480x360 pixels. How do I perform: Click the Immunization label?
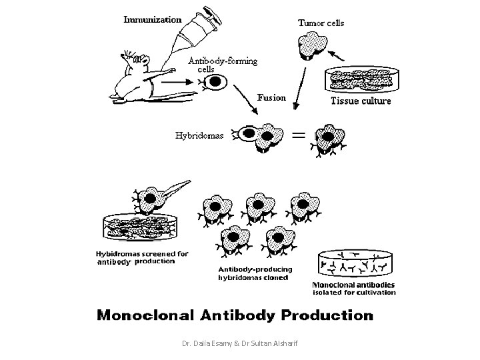[153, 19]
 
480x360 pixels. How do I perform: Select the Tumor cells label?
[321, 23]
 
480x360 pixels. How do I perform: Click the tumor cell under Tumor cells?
[313, 45]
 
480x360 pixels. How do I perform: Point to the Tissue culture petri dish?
[362, 79]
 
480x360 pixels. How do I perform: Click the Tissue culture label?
[361, 101]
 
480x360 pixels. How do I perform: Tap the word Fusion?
[271, 97]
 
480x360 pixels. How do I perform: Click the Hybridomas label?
[199, 135]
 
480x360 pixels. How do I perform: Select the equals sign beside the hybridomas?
[299, 135]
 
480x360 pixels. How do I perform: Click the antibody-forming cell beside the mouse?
[213, 82]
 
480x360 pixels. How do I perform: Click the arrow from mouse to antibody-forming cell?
[177, 82]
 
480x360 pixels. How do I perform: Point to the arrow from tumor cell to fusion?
[300, 89]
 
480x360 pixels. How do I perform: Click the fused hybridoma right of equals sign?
[329, 140]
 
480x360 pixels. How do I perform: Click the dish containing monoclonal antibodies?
[355, 263]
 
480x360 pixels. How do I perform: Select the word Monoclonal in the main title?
[145, 315]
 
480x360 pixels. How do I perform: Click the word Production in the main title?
[327, 315]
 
